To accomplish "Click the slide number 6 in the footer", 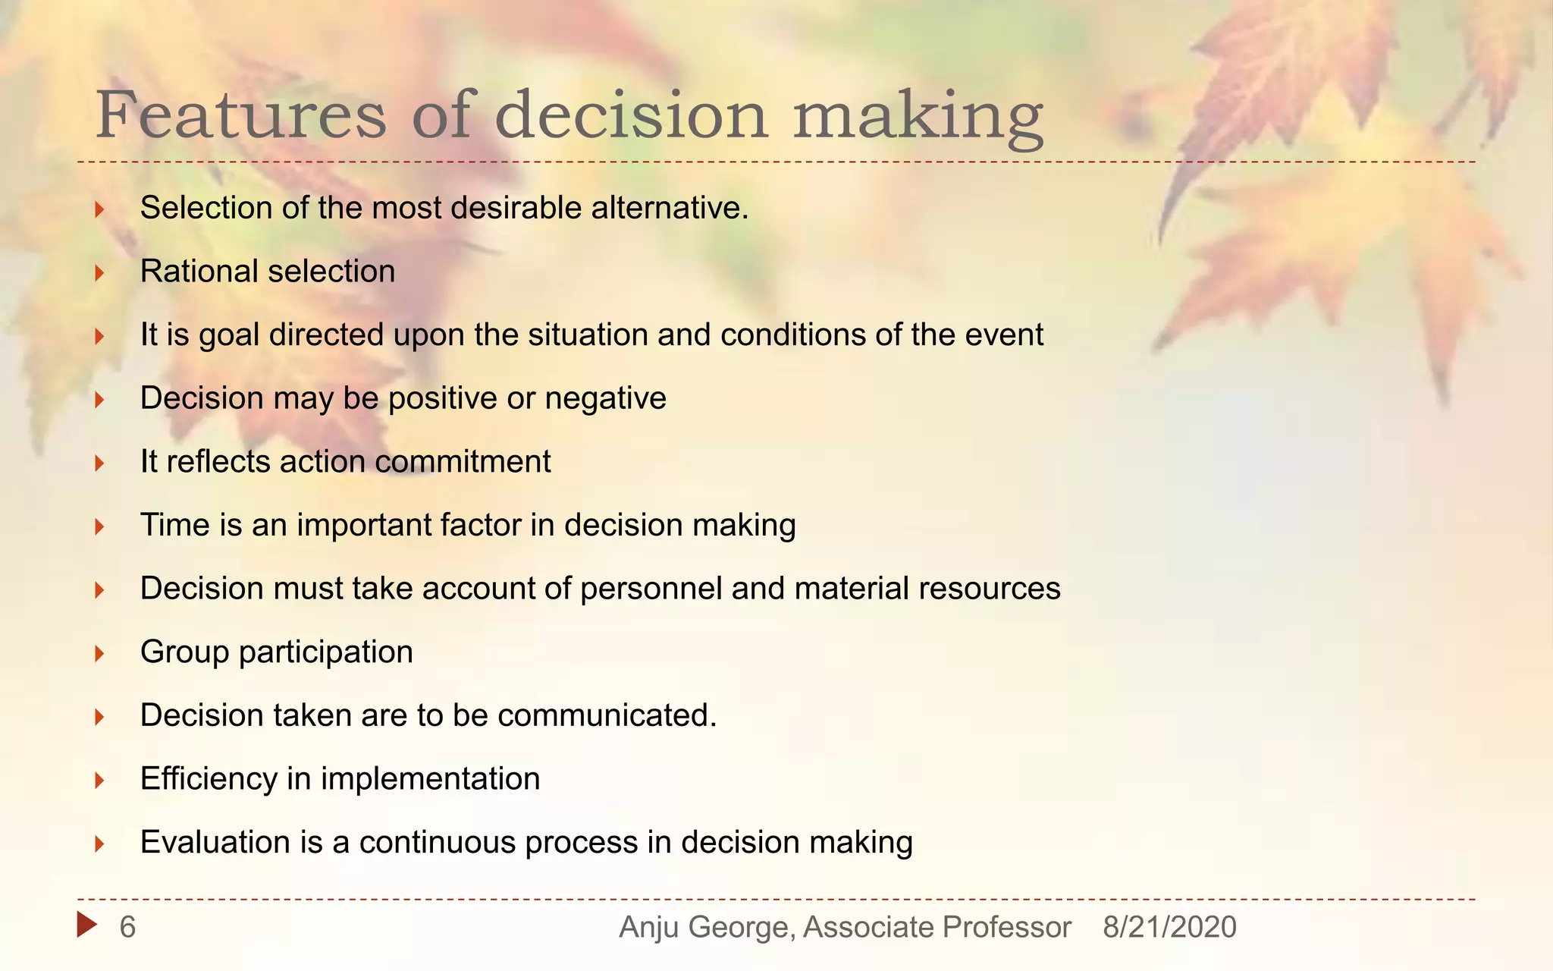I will pyautogui.click(x=127, y=927).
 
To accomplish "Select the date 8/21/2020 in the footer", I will pyautogui.click(x=1169, y=927).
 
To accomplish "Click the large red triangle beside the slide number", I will pyautogui.click(x=86, y=924).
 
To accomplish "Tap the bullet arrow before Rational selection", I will pyautogui.click(x=99, y=272).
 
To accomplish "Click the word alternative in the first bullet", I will pyautogui.click(x=668, y=208).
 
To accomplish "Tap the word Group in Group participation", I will pyautogui.click(x=184, y=652).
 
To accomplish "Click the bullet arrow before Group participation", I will pyautogui.click(x=99, y=653).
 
